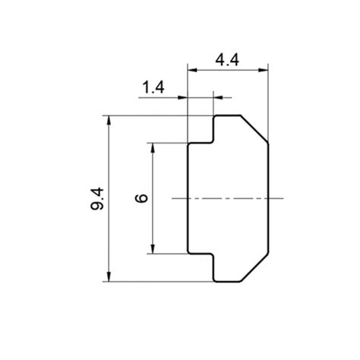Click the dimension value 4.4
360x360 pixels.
click(x=228, y=59)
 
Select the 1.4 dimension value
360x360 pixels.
click(x=153, y=87)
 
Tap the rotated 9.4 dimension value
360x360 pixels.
click(x=97, y=198)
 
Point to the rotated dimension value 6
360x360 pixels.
click(x=141, y=198)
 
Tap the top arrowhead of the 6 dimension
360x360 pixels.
click(x=154, y=147)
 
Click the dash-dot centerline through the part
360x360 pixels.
click(x=228, y=198)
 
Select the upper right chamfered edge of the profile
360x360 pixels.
click(x=255, y=129)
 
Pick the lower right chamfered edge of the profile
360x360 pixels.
click(x=255, y=267)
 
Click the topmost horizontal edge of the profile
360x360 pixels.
click(x=228, y=115)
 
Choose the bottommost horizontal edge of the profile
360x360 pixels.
click(x=228, y=282)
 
